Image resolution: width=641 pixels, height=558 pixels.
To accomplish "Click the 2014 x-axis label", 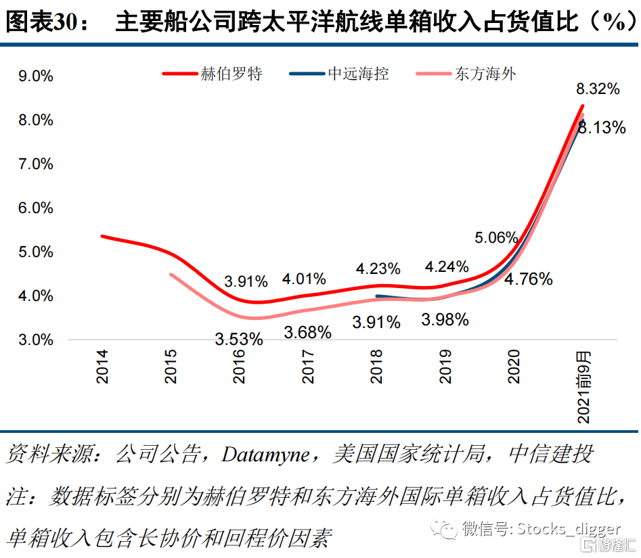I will [x=102, y=367].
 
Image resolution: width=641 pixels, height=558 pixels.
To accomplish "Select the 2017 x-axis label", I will [x=309, y=367].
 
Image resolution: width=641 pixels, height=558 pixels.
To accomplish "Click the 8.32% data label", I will [x=598, y=89].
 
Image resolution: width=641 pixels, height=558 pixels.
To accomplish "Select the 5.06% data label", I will [x=496, y=237].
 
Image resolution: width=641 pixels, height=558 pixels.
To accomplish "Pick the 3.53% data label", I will [x=239, y=339].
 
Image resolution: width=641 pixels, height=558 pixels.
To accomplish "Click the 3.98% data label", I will [x=445, y=319].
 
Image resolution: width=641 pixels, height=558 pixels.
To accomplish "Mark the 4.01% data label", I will [x=305, y=278].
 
